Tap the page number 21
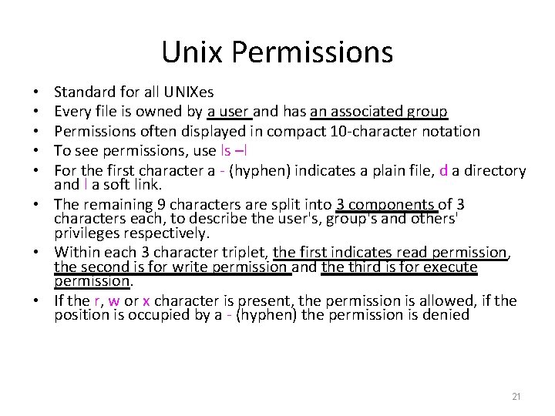[x=516, y=396]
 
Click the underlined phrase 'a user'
[x=229, y=112]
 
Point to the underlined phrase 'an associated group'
[x=378, y=112]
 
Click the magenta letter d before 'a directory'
[x=442, y=169]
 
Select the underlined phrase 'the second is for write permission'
[x=172, y=267]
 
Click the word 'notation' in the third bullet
[x=452, y=132]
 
